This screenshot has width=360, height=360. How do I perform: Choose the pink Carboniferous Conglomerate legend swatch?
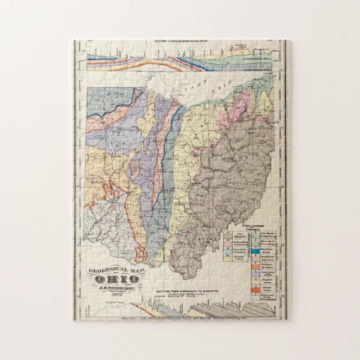coord(228,244)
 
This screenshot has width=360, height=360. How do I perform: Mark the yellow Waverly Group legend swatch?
coord(228,259)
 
